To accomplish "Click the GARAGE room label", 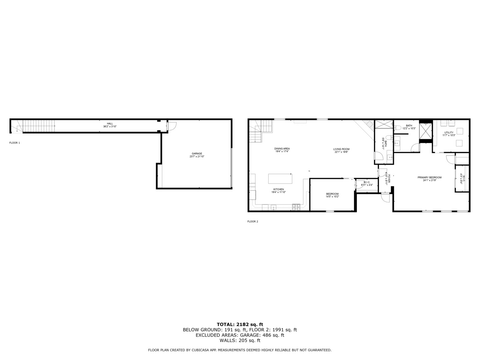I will [197, 154].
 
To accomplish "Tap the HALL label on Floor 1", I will [110, 123].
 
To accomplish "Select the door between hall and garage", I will [171, 126].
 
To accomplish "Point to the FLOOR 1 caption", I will [15, 143].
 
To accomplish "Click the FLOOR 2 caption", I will [253, 221].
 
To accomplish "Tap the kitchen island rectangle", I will [280, 178].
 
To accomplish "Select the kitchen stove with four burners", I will [296, 207].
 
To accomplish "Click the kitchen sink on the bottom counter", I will [274, 207].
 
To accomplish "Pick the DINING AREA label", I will [282, 149].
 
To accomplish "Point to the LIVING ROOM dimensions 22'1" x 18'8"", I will [341, 152].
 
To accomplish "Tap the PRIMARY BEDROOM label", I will [429, 177].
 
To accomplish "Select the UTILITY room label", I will [449, 133].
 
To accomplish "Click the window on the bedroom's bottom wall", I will [330, 211].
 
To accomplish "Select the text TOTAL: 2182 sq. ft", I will [240, 324].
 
